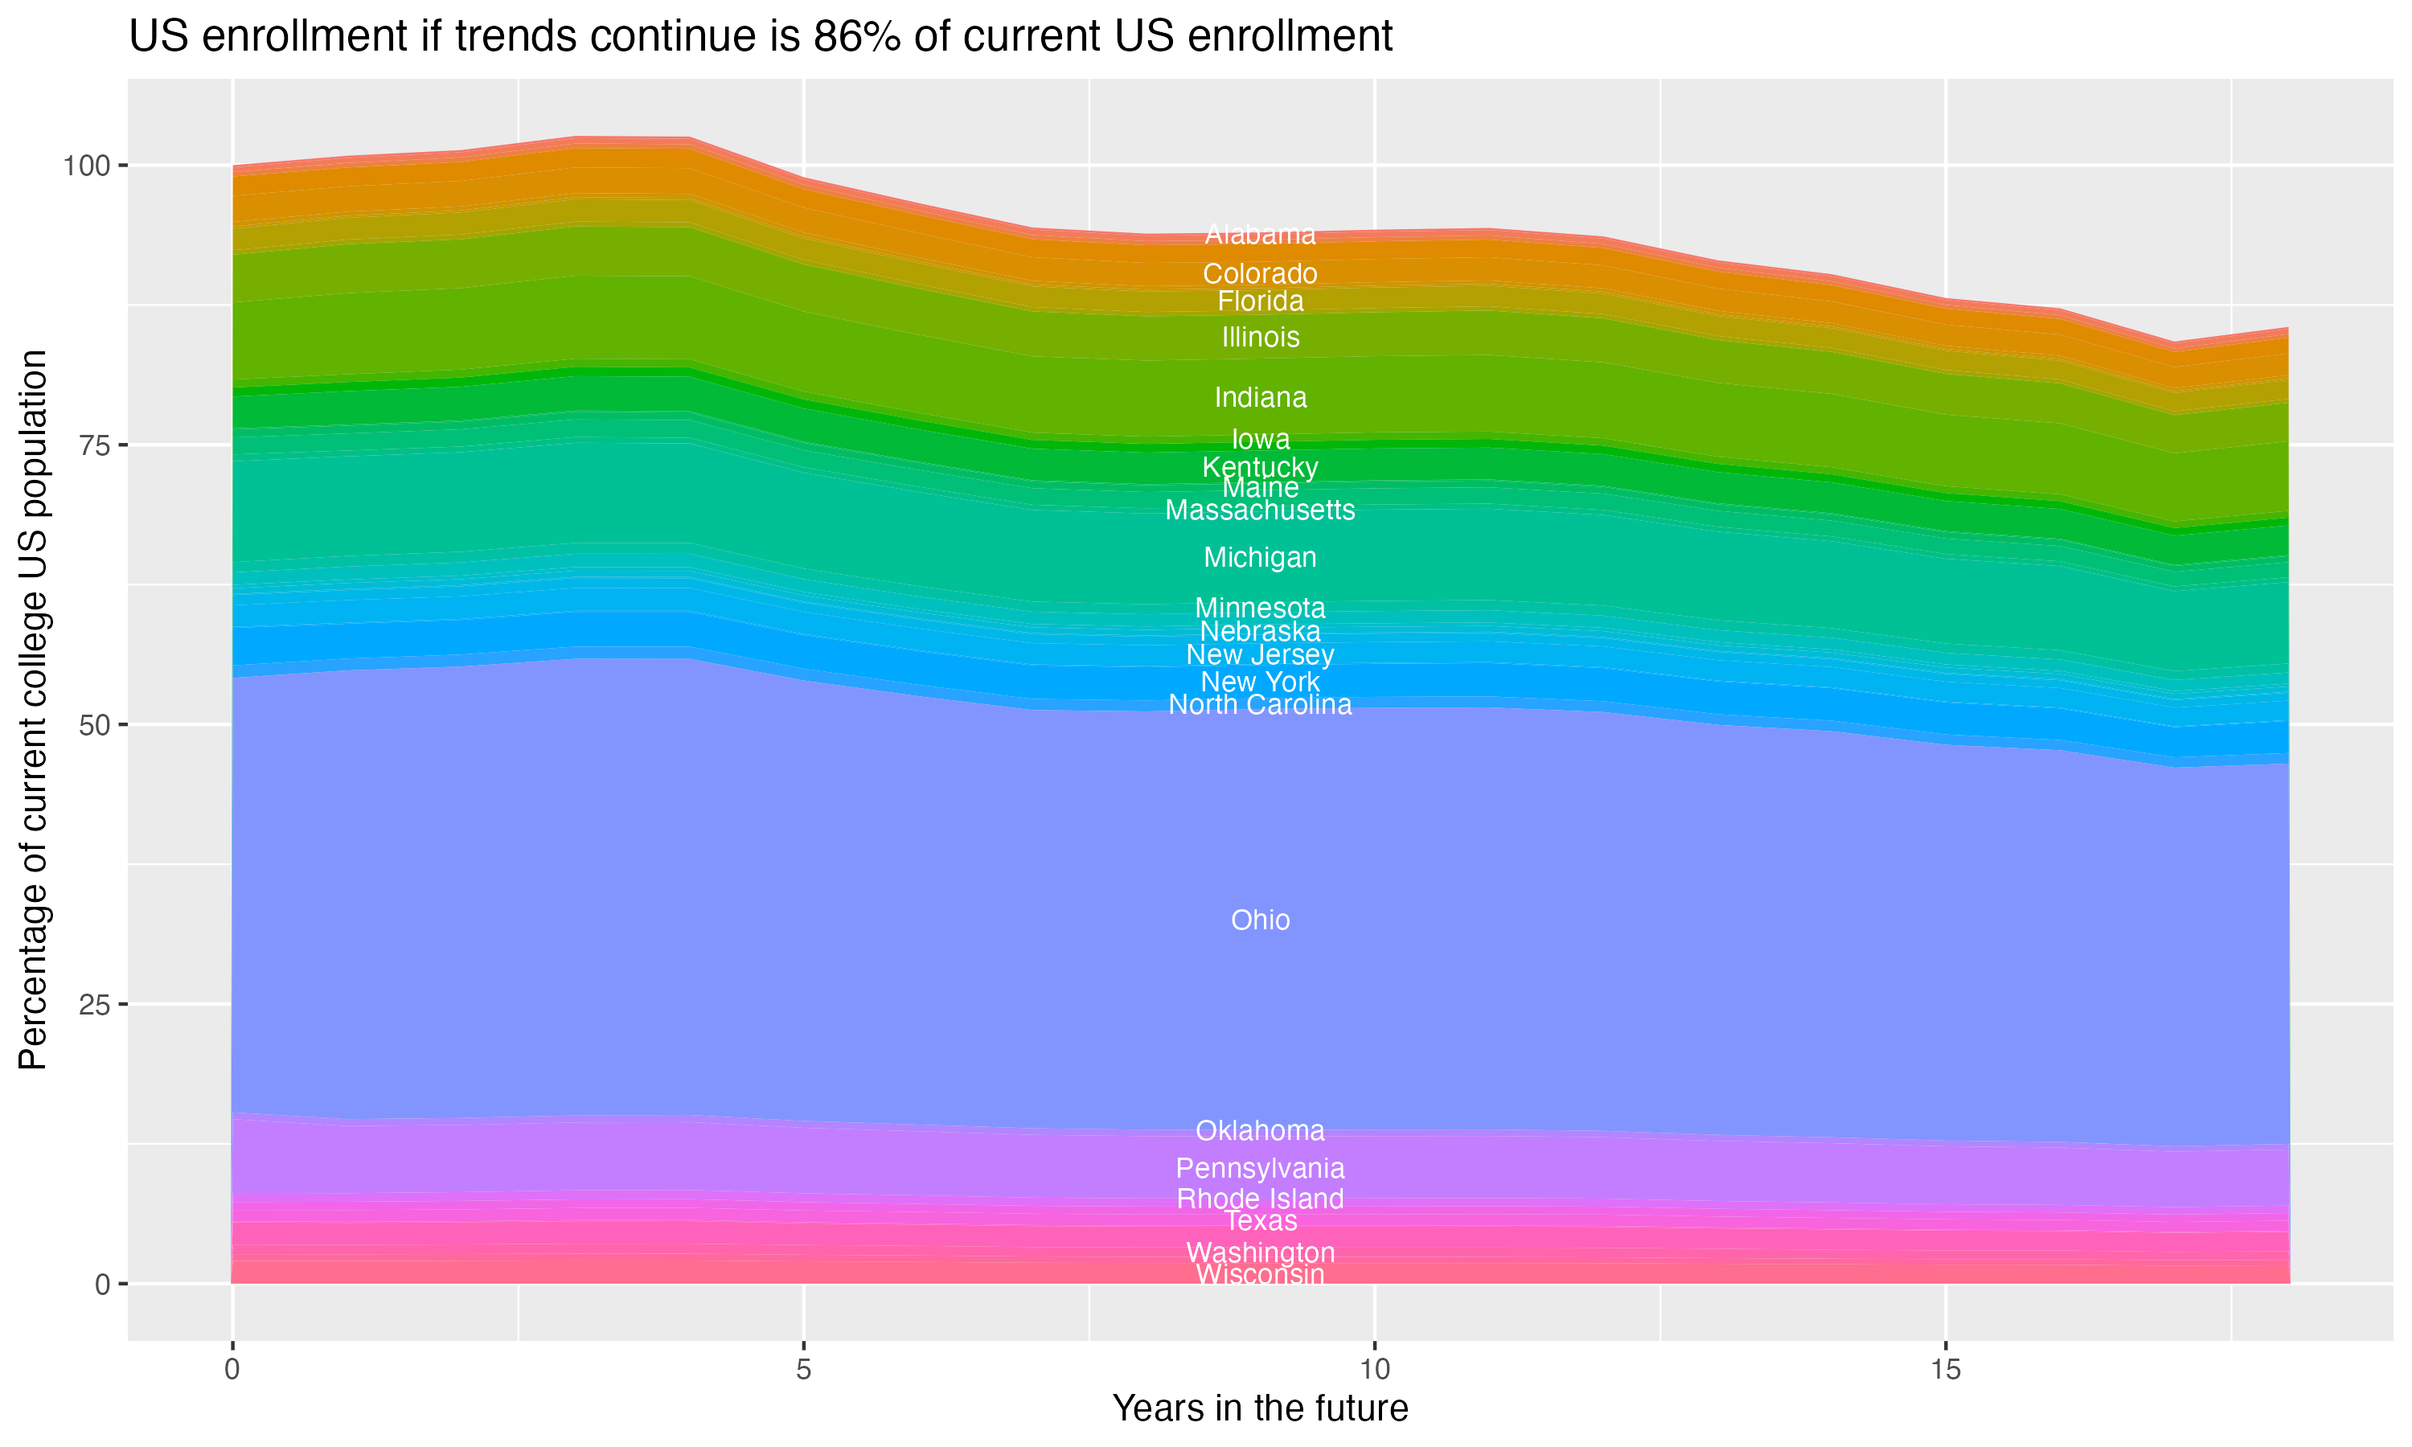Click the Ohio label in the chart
click(x=1260, y=920)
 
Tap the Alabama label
click(x=1260, y=235)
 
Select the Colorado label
click(x=1260, y=274)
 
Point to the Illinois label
click(x=1260, y=338)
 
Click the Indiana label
click(x=1260, y=398)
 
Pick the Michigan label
click(x=1260, y=558)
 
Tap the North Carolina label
click(x=1260, y=705)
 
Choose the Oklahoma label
click(x=1260, y=1131)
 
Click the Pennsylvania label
click(x=1260, y=1168)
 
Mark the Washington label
click(x=1260, y=1253)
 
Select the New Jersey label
click(x=1260, y=655)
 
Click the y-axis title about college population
click(x=33, y=710)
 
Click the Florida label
click(x=1260, y=301)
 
